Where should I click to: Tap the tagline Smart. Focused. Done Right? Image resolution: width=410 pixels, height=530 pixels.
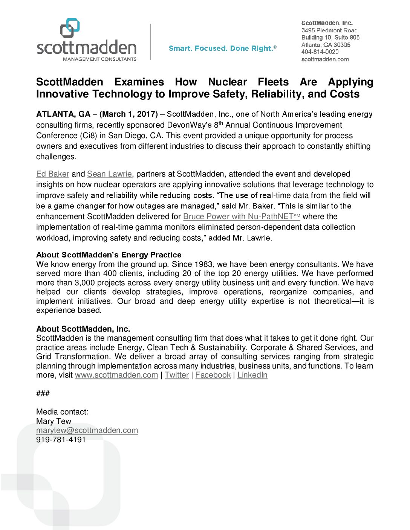(222, 48)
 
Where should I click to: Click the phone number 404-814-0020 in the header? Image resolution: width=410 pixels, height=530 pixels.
(320, 52)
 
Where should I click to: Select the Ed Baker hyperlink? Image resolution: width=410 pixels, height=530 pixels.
(53, 174)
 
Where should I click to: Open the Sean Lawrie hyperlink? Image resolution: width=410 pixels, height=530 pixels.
(109, 174)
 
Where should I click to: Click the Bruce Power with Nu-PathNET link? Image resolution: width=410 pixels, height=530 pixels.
(241, 216)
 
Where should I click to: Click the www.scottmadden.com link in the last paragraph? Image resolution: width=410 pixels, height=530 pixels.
(116, 375)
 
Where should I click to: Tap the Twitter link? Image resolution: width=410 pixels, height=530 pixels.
(177, 375)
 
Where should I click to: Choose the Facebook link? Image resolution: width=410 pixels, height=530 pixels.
(213, 375)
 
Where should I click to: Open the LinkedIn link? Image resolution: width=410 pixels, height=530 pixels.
(252, 375)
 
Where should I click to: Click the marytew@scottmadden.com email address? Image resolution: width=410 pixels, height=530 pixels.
(87, 430)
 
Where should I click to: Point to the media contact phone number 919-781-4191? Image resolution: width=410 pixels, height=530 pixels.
(61, 440)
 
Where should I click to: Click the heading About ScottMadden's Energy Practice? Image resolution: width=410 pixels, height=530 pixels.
(109, 255)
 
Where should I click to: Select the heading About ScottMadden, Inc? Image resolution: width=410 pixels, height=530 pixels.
(83, 329)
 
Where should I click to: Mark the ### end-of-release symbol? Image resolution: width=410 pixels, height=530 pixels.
(43, 393)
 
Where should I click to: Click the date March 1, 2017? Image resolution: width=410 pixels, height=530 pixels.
(129, 114)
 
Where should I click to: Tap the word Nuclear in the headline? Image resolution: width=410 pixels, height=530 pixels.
(227, 82)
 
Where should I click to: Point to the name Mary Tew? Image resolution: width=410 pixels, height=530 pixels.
(54, 421)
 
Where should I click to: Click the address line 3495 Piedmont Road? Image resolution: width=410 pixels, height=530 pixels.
(329, 30)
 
